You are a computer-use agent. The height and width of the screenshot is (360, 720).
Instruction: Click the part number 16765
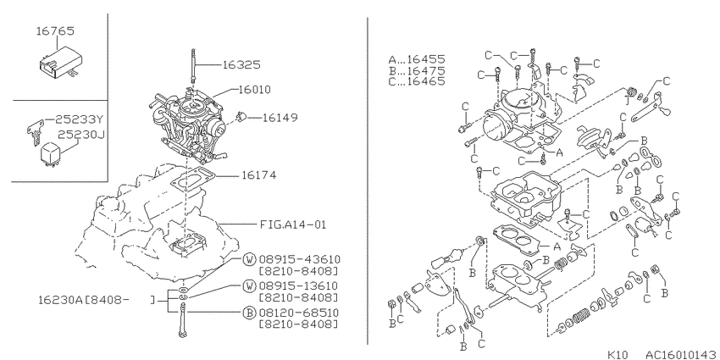point(55,31)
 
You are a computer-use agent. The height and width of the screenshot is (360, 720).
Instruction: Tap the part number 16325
point(241,65)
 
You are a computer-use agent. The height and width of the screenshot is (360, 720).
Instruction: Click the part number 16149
point(280,118)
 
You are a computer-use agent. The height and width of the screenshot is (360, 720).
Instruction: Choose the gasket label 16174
point(258,175)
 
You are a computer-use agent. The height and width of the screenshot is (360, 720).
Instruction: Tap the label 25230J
point(80,135)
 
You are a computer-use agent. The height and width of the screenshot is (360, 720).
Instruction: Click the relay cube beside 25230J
point(51,153)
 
